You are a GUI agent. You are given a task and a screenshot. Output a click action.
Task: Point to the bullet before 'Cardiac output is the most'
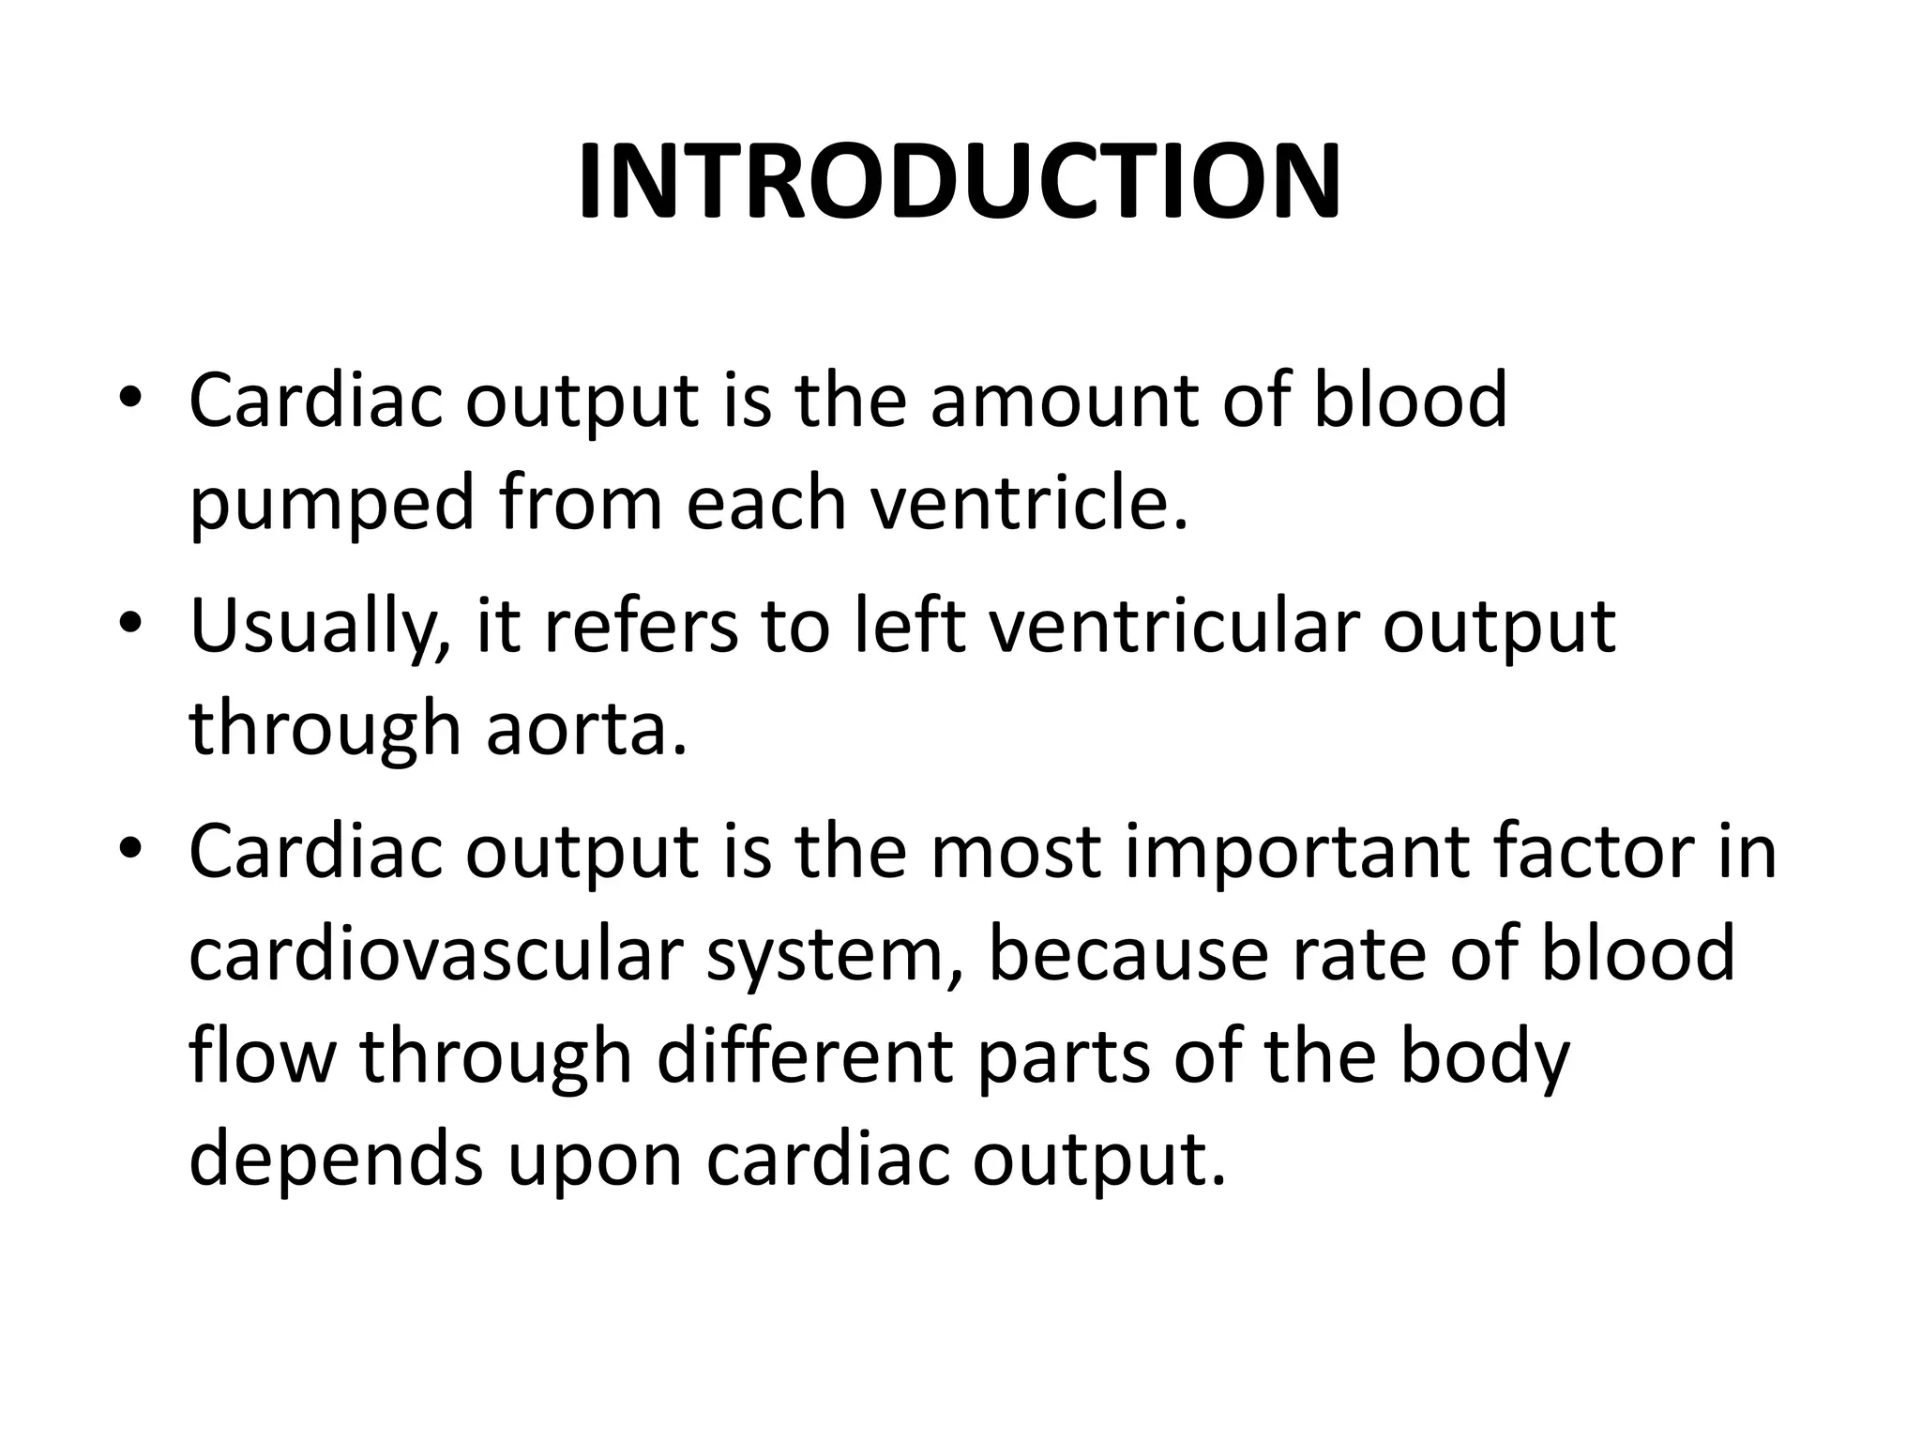(x=130, y=849)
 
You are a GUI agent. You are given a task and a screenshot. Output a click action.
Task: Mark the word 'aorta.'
(x=587, y=730)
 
